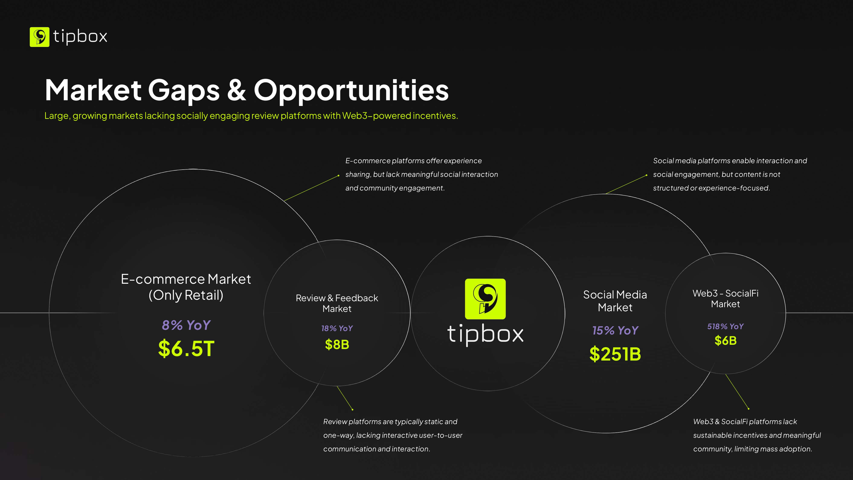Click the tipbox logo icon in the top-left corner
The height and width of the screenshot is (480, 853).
tap(39, 37)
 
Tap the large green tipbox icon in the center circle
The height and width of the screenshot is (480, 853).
tap(485, 299)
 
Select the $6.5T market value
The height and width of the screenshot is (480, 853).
tap(186, 349)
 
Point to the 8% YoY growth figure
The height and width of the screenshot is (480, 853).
tap(186, 325)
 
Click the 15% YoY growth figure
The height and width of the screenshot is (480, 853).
tap(615, 330)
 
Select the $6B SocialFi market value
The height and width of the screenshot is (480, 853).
tap(725, 340)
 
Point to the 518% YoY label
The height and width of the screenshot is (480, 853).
tap(725, 326)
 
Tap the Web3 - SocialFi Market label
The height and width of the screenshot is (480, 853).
tap(725, 298)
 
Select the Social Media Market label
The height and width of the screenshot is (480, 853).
tap(615, 301)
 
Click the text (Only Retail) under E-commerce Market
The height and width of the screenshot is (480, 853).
tap(186, 295)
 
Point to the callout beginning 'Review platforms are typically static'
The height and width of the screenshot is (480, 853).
tap(393, 435)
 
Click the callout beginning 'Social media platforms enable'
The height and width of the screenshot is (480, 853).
tap(730, 174)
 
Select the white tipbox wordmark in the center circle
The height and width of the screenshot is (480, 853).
tap(485, 335)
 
